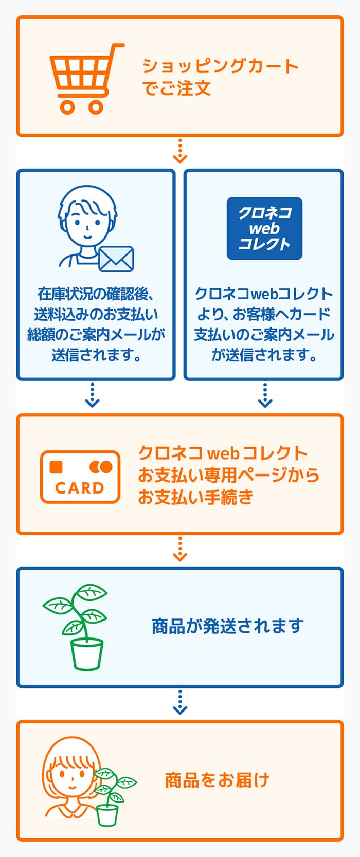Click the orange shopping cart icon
(86, 79)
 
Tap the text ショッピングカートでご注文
(220, 77)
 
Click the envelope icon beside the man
(116, 259)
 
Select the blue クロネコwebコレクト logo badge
(264, 228)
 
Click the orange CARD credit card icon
(80, 477)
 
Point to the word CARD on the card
(80, 488)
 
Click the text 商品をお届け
(217, 780)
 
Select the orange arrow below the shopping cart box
(180, 152)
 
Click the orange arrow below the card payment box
(180, 549)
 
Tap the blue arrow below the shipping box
(180, 702)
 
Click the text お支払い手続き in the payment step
(195, 497)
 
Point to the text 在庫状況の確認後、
(96, 294)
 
